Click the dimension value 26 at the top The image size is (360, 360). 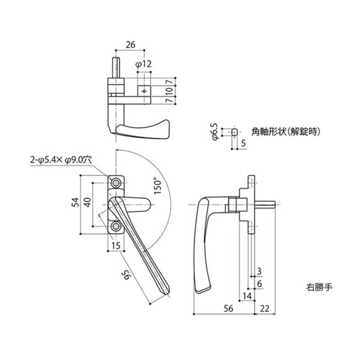point(130,45)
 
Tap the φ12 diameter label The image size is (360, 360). point(143,64)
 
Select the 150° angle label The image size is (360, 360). point(157,185)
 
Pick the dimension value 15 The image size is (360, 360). point(116,245)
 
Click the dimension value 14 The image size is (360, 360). point(247,296)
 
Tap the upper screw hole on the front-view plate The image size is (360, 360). point(117,182)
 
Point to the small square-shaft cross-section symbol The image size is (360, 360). point(234,132)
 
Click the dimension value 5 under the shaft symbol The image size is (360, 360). point(243,144)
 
